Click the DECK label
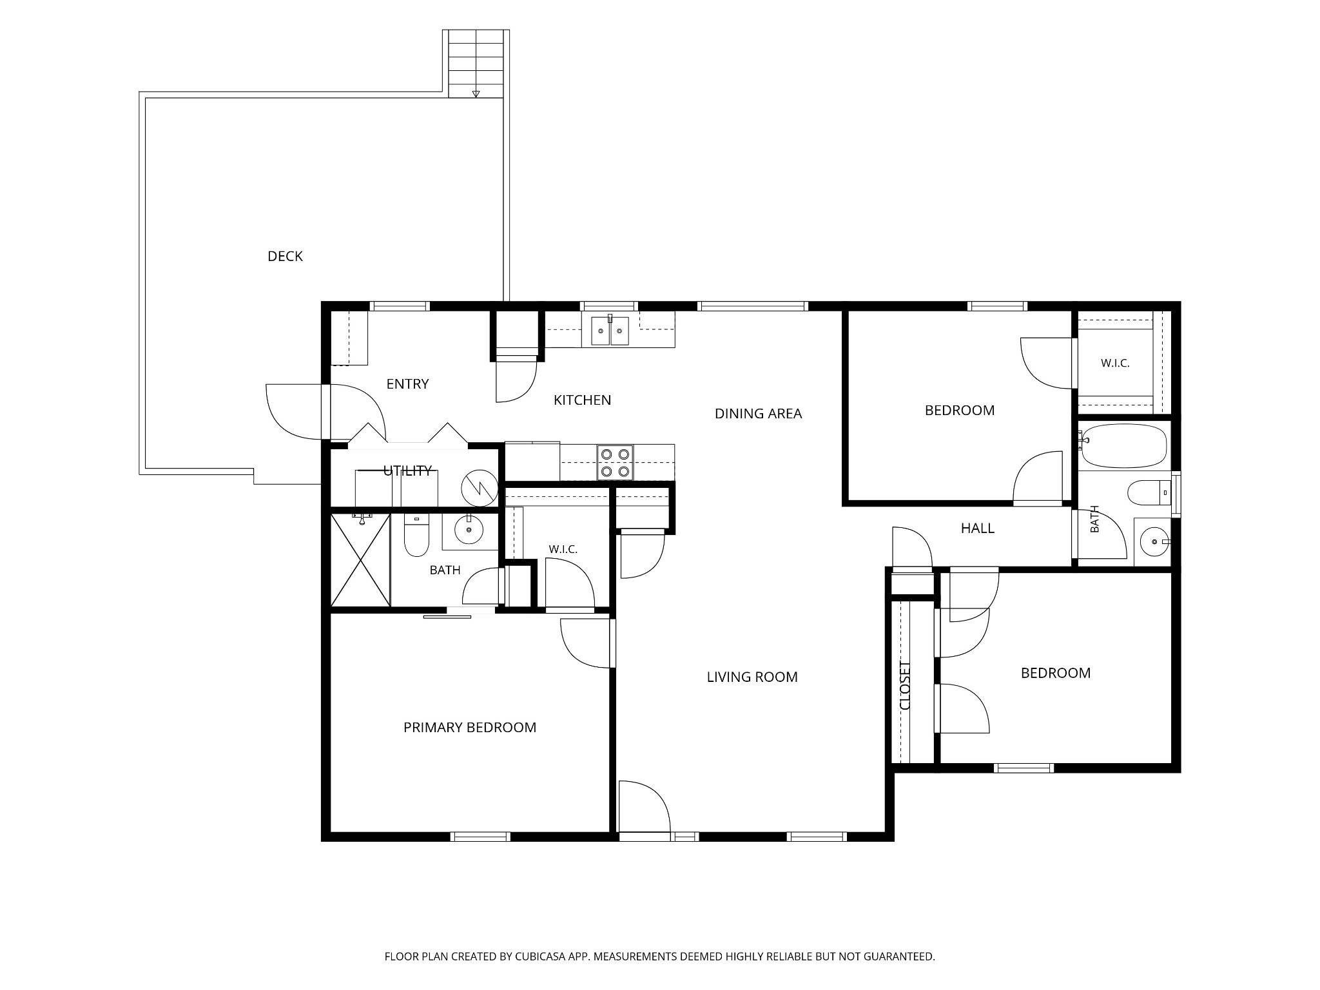(x=285, y=257)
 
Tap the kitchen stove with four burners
(x=615, y=463)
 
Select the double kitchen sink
(x=610, y=331)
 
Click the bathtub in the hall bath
(x=1124, y=446)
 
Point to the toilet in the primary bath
(x=416, y=534)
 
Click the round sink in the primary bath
(x=469, y=530)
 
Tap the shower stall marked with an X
(x=360, y=559)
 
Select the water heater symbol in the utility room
(x=480, y=488)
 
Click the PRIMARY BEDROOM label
(x=470, y=728)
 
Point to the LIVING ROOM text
(x=752, y=677)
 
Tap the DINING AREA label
(x=758, y=414)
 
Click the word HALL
(x=978, y=529)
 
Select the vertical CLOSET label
(x=906, y=686)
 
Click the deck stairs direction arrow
(x=476, y=94)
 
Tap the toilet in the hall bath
(x=1149, y=493)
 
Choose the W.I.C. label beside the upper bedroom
(x=1115, y=364)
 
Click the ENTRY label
(x=407, y=384)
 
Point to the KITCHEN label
(x=582, y=400)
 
